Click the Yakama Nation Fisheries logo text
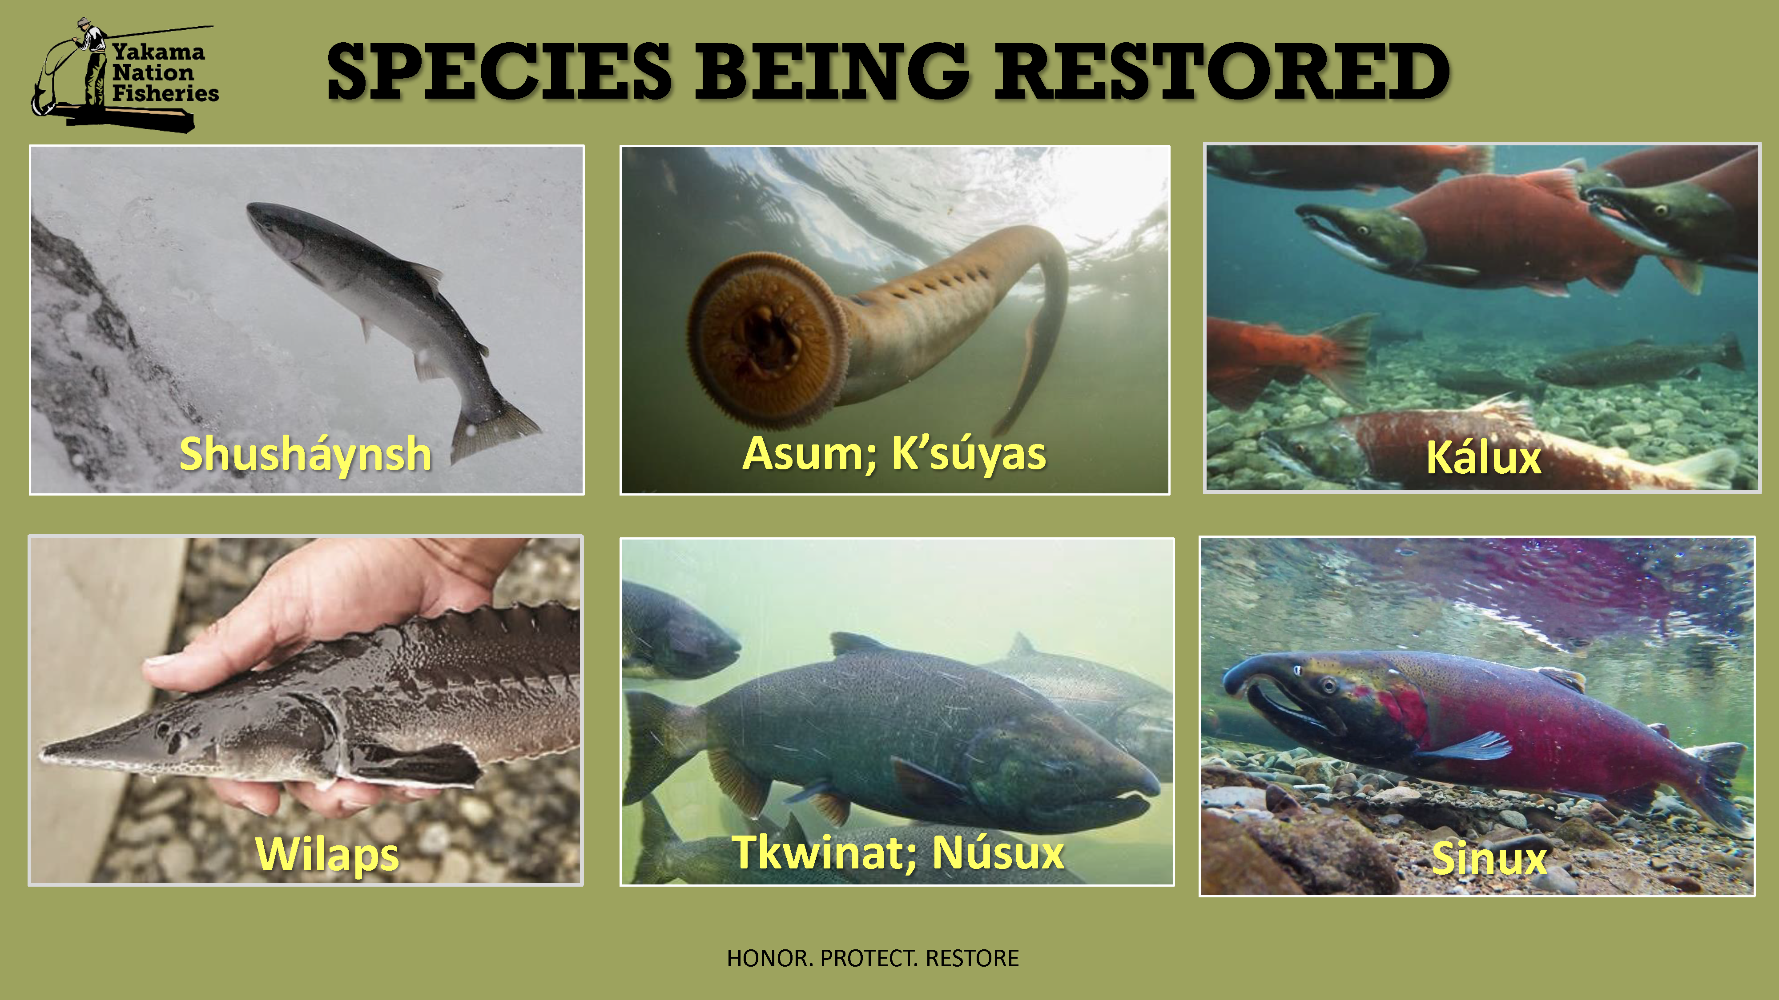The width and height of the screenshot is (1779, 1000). (x=165, y=72)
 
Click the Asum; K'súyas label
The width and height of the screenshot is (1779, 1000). (x=894, y=455)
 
